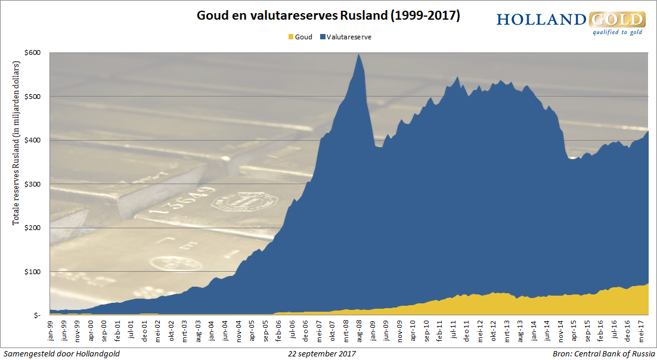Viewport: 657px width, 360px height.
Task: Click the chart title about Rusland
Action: coord(328,16)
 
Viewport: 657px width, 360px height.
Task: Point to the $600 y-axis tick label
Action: coord(32,52)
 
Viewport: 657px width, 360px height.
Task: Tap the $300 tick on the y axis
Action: coord(32,184)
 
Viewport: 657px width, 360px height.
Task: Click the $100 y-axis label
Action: coord(32,271)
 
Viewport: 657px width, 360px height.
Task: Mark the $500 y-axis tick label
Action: coord(32,96)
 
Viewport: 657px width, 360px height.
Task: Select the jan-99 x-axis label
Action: coord(51,329)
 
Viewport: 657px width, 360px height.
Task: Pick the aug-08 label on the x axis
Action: coord(359,329)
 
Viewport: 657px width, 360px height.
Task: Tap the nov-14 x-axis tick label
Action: coord(561,329)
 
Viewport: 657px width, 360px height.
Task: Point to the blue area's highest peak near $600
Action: coord(358,55)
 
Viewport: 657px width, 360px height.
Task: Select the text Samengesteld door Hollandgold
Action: coord(61,353)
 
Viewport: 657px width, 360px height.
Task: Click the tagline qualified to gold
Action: coord(616,33)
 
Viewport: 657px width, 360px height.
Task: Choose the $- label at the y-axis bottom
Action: coord(36,315)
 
